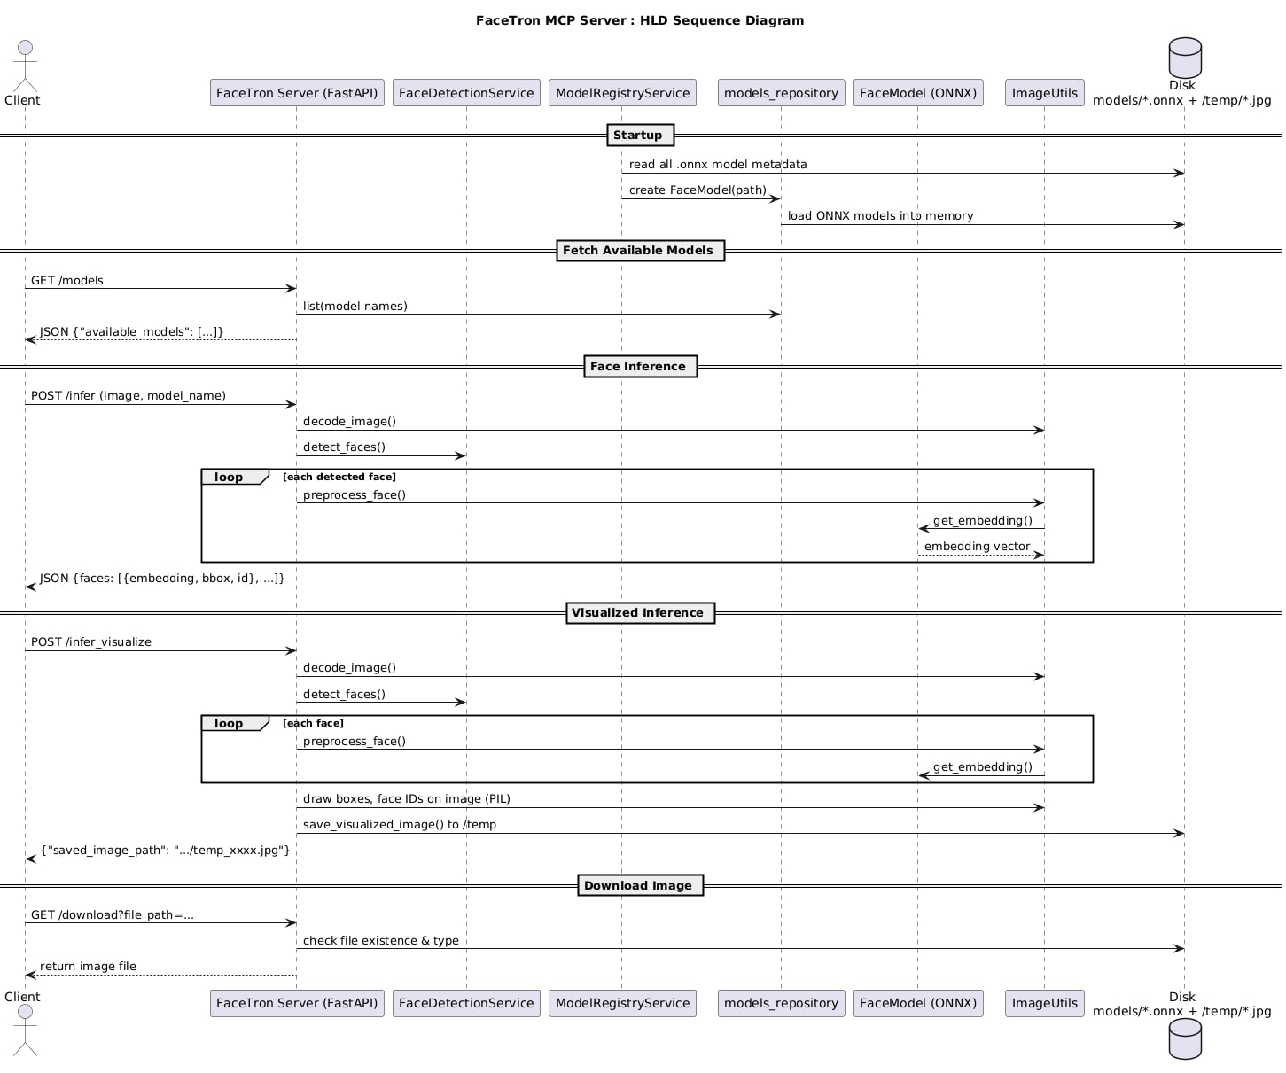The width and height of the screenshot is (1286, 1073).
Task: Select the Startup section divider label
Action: (x=640, y=135)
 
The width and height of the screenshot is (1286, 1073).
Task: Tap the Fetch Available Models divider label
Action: (x=640, y=250)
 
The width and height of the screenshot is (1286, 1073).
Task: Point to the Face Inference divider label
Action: (x=640, y=367)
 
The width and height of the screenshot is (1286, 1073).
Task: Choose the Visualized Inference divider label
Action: (x=640, y=613)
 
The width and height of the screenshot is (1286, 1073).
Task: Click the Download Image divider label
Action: (x=640, y=886)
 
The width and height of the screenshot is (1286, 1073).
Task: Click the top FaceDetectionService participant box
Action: (x=466, y=92)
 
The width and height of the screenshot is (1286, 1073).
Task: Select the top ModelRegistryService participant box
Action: (x=622, y=92)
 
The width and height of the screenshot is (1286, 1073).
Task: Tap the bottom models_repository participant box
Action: (x=781, y=1003)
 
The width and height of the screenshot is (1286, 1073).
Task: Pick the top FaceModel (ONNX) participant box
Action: (x=917, y=92)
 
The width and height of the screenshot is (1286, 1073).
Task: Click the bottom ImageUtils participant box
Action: (x=1045, y=1003)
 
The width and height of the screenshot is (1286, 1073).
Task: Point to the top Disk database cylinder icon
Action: (x=1184, y=58)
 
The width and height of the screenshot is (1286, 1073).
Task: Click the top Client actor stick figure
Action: (x=25, y=66)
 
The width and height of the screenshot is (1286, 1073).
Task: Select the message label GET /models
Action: (x=67, y=280)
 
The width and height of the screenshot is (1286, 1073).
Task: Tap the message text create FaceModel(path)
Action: (x=698, y=190)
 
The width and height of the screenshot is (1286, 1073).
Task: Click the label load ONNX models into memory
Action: (x=880, y=215)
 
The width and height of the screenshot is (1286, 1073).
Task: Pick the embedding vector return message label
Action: (x=977, y=547)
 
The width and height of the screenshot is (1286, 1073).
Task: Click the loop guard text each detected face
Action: (x=339, y=477)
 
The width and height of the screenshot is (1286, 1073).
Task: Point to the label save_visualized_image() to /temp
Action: (x=399, y=824)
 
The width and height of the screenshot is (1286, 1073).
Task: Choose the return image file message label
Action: (x=88, y=966)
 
